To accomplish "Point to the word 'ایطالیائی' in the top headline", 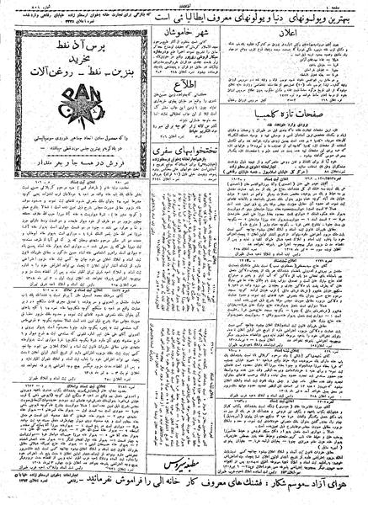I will click(x=216, y=13).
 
